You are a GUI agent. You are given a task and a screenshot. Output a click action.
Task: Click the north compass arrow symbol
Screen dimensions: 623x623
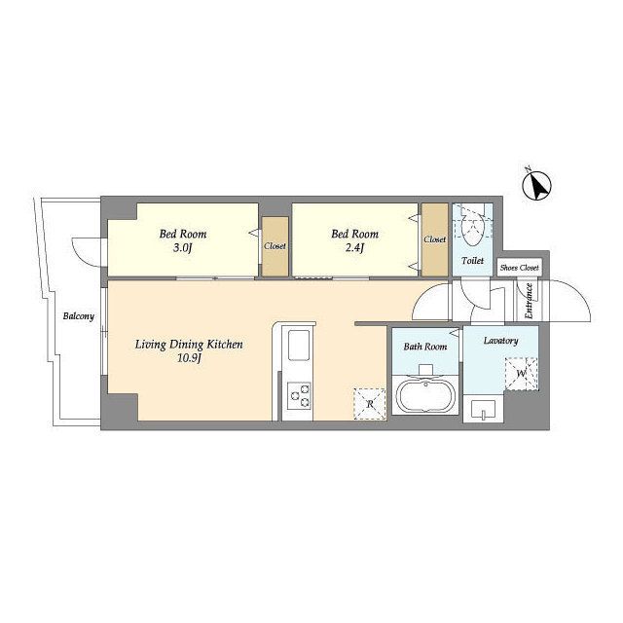tap(536, 184)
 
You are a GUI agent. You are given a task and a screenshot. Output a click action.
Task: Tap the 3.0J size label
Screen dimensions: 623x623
tap(183, 249)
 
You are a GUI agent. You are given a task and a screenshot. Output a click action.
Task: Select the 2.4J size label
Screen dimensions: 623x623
tap(354, 248)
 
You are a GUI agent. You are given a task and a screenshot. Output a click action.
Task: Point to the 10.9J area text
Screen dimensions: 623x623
tap(190, 358)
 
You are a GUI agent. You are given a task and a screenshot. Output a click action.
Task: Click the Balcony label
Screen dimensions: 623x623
tap(79, 316)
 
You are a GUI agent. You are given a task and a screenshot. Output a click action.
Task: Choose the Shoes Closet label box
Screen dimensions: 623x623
tap(519, 268)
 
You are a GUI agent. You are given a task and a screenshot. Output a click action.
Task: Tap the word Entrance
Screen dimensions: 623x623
tap(529, 301)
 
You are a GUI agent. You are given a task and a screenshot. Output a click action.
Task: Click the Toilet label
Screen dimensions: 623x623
tap(473, 261)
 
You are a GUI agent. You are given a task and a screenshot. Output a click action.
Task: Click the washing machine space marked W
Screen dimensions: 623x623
tap(521, 374)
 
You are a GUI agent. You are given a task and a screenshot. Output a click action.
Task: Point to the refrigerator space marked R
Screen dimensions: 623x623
tap(370, 404)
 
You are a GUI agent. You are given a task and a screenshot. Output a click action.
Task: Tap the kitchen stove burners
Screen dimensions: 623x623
tap(299, 395)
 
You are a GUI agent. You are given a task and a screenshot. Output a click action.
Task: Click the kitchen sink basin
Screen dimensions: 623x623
tap(299, 345)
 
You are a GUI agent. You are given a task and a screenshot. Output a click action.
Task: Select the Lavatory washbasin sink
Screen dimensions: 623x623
tap(483, 410)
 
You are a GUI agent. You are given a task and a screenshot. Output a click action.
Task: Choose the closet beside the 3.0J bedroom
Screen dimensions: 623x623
tap(275, 246)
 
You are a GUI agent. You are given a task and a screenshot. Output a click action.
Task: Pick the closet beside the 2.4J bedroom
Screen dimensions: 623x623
tap(435, 239)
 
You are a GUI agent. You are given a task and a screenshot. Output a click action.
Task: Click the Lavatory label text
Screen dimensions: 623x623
tap(500, 341)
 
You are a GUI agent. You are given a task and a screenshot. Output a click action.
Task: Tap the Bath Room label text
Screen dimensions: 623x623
tap(425, 347)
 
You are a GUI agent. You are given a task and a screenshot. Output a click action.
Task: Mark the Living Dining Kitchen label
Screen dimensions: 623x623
tap(189, 345)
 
